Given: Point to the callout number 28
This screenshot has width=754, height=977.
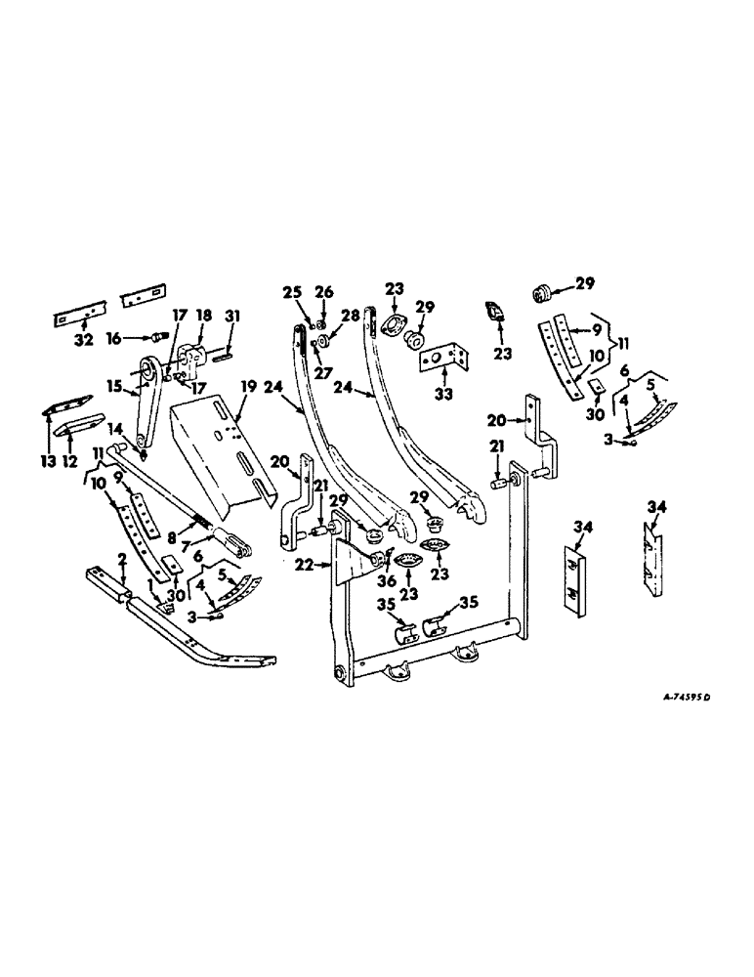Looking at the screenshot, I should (x=349, y=316).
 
